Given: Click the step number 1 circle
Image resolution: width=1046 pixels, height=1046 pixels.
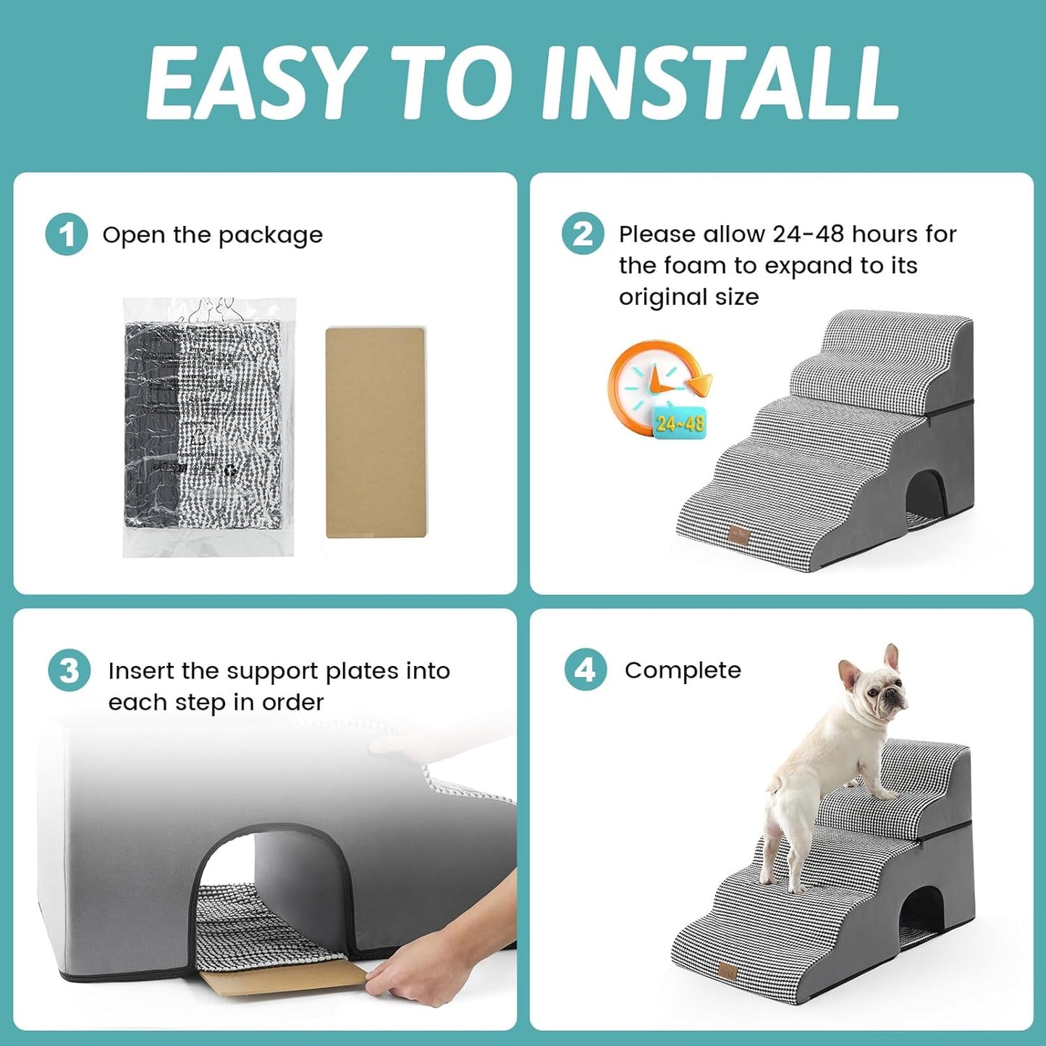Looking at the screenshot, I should coord(67,235).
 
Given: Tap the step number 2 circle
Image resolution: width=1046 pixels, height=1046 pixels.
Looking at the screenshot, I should coord(583,234).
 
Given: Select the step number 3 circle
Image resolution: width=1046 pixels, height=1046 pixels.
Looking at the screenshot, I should coord(69,670).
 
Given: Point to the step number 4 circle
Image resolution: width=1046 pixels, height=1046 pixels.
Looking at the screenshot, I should coord(585,670).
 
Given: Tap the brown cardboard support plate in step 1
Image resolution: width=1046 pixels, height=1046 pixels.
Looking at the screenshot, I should coord(375,432).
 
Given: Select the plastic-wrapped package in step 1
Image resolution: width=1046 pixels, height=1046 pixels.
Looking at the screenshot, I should coord(208,427).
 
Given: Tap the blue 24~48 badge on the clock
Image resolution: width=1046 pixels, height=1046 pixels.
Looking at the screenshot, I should coord(679,423).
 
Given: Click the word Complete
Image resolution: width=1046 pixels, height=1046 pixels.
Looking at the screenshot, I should coord(683,670).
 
